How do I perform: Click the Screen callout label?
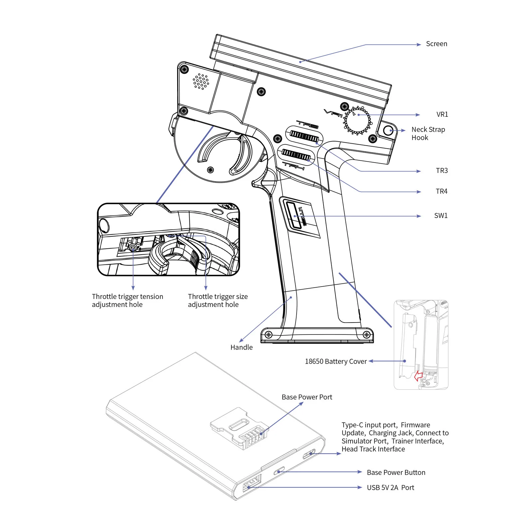pos(436,44)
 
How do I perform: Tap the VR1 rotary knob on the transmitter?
pos(357,120)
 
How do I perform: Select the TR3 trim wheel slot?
pos(304,136)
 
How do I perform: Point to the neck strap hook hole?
pos(388,130)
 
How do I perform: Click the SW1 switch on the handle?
pos(293,216)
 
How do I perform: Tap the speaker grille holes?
pos(201,81)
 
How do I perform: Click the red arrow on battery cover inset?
pos(418,376)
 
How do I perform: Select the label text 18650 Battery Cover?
pos(335,361)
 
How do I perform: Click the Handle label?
pos(241,347)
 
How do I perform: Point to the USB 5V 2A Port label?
pos(390,488)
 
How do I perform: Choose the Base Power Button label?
pos(396,472)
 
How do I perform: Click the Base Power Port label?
pos(307,397)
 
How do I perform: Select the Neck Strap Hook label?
pos(428,133)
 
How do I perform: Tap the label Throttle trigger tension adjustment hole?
pos(127,301)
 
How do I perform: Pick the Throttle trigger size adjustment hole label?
pos(217,301)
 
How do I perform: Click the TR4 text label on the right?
pos(441,192)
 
